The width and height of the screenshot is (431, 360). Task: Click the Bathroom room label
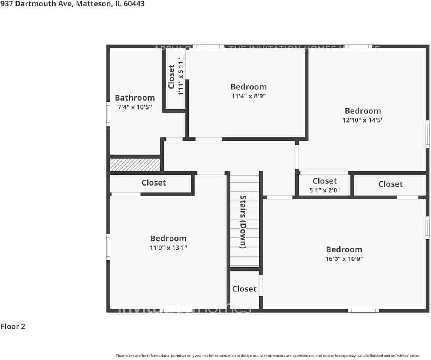pyautogui.click(x=135, y=98)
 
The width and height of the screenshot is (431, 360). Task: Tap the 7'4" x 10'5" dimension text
pyautogui.click(x=135, y=107)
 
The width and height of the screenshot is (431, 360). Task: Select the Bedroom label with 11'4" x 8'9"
pyautogui.click(x=248, y=87)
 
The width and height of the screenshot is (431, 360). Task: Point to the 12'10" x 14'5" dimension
pyautogui.click(x=363, y=120)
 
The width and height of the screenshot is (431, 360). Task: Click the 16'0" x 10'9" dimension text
pyautogui.click(x=344, y=259)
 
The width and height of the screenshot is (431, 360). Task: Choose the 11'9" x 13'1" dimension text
pyautogui.click(x=168, y=247)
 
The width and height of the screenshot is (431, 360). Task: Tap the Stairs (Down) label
pyautogui.click(x=243, y=222)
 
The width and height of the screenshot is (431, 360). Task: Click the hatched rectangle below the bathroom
pyautogui.click(x=135, y=165)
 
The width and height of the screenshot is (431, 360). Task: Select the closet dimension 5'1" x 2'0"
pyautogui.click(x=324, y=190)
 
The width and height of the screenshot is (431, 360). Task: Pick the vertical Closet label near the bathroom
pyautogui.click(x=171, y=77)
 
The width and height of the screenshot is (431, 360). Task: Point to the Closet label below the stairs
pyautogui.click(x=244, y=289)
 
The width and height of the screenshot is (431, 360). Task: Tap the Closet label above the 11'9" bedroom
pyautogui.click(x=153, y=183)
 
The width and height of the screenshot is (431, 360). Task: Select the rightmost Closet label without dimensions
pyautogui.click(x=390, y=184)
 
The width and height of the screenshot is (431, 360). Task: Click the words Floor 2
pyautogui.click(x=13, y=326)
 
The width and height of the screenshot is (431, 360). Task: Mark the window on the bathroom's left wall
pyautogui.click(x=108, y=114)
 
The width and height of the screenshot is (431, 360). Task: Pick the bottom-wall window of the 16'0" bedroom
pyautogui.click(x=363, y=310)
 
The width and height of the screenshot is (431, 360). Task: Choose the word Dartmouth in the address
pyautogui.click(x=30, y=4)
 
